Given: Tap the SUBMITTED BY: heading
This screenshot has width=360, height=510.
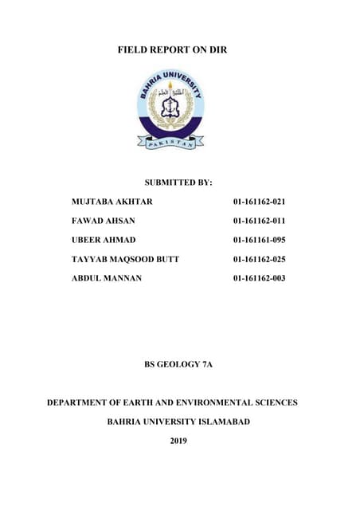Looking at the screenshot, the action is point(178,182).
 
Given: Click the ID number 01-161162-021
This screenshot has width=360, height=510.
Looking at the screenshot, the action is point(259,202).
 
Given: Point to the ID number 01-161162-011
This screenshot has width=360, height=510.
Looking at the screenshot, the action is point(259,221).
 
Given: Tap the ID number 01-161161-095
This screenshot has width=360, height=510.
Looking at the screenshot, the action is point(259,240).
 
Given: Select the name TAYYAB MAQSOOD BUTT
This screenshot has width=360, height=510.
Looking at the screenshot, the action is point(126,259).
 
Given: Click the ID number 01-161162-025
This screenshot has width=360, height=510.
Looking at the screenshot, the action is point(259,259).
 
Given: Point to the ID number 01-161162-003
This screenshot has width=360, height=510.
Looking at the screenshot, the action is point(259,278).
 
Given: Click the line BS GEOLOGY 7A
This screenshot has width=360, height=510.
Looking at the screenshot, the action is point(178,364).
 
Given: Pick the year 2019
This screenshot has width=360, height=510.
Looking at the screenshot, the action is point(178,441).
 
